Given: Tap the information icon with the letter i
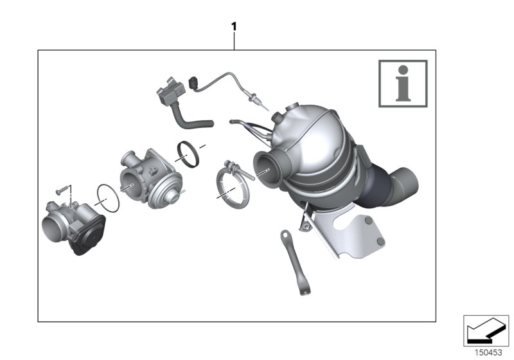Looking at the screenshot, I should (x=402, y=83).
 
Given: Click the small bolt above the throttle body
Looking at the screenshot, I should (x=62, y=190).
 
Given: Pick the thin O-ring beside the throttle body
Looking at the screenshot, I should (x=108, y=197).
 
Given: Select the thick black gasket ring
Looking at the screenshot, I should (x=188, y=154).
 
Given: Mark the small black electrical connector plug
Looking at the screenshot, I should (x=195, y=82).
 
